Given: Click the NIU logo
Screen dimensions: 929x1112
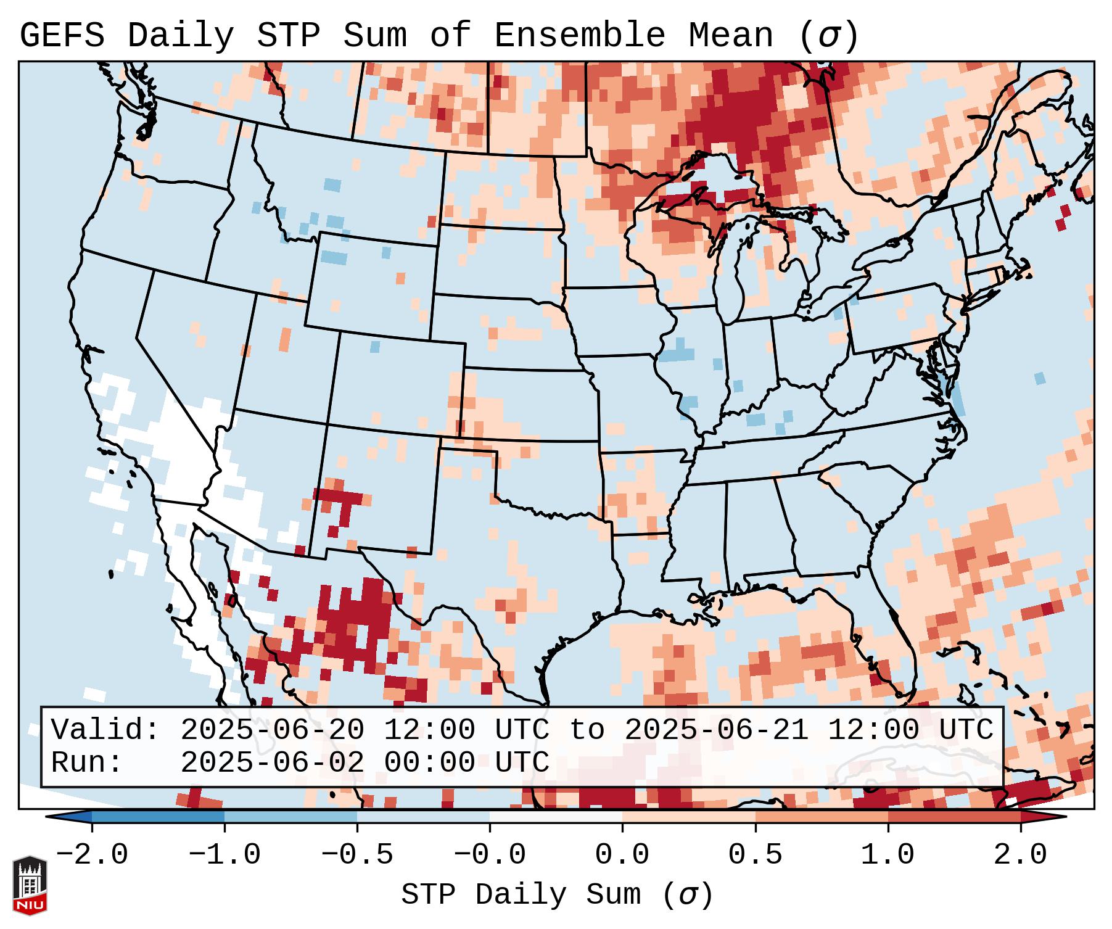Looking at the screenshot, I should point(30,885).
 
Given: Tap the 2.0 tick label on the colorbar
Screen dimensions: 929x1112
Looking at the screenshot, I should point(1020,855).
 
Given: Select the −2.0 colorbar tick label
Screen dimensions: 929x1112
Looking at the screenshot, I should point(92,855).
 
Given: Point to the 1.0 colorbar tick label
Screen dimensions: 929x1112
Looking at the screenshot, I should point(888,855).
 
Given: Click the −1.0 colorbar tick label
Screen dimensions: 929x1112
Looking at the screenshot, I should point(224,855).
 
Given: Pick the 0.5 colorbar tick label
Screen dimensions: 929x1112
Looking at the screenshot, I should point(755,855).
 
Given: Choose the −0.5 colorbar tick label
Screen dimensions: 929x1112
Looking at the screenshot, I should point(357,855).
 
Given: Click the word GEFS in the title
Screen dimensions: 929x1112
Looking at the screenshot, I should point(62,36).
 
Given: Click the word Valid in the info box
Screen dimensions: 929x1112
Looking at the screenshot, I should point(105,730).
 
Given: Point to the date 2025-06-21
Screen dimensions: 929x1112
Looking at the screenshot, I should point(716,730).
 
